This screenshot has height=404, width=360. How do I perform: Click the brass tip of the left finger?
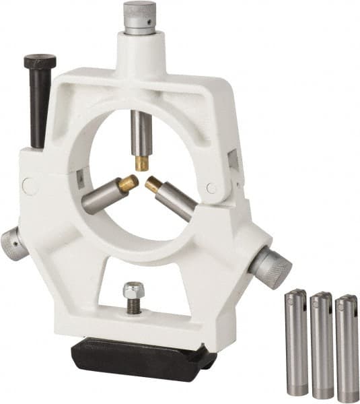127,183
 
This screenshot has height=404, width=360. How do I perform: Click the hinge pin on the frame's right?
211,189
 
